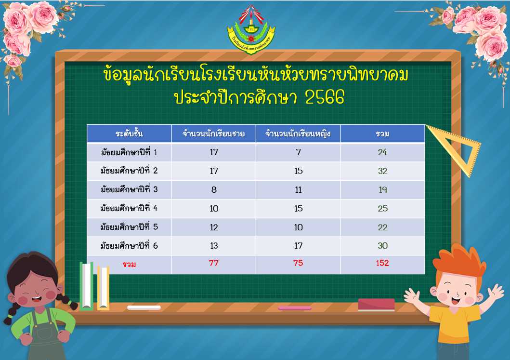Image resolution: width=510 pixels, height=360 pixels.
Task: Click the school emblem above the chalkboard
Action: click(251, 30)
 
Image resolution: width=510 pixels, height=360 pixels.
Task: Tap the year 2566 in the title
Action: click(325, 97)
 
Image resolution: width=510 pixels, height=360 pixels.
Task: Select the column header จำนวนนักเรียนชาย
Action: click(213, 134)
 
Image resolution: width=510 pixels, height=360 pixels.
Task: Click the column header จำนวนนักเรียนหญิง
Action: click(298, 134)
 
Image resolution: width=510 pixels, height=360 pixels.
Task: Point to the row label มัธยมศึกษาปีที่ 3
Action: click(129, 189)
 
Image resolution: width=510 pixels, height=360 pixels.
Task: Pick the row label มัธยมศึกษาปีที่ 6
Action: click(129, 245)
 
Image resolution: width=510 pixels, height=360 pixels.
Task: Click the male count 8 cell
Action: click(214, 190)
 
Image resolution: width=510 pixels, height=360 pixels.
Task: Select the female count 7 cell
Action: click(298, 152)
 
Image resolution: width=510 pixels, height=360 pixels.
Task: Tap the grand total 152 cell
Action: click(382, 263)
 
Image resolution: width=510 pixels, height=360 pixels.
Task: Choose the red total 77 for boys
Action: click(213, 263)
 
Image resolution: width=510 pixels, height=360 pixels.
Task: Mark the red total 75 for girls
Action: click(298, 263)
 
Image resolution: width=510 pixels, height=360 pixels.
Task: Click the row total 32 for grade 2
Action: click(382, 171)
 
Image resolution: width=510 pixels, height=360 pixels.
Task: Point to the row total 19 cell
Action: click(382, 190)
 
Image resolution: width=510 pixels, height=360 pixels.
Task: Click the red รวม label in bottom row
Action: click(129, 264)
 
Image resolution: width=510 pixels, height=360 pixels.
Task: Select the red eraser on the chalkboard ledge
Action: click(376, 305)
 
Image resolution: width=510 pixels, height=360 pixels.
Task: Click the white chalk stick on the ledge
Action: click(144, 307)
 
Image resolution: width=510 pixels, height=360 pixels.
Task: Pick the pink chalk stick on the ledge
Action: click(295, 307)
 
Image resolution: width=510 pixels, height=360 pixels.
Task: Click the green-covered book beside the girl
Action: click(87, 286)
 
